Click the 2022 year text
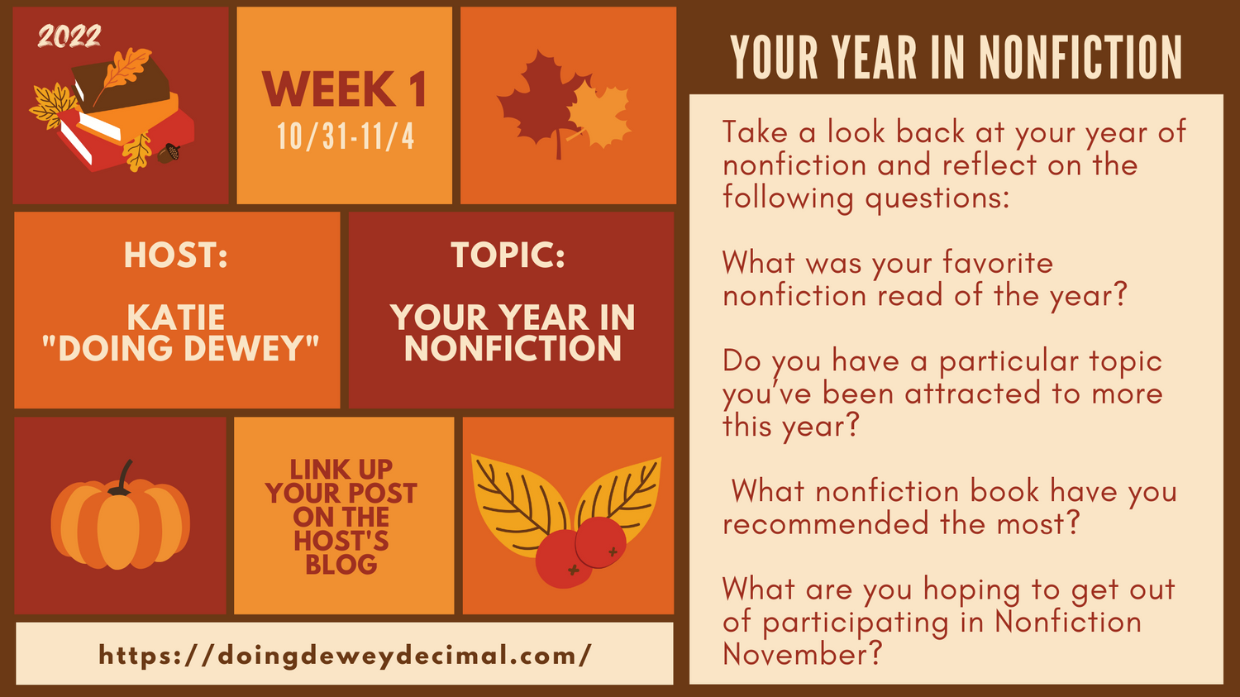tap(69, 36)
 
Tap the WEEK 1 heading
tap(345, 89)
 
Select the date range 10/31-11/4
tap(346, 136)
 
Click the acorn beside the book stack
tap(169, 153)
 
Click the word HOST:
tap(176, 255)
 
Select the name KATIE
tap(176, 317)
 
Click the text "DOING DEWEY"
tap(180, 348)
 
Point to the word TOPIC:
tap(508, 255)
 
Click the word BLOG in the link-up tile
tap(341, 565)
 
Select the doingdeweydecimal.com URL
tap(346, 656)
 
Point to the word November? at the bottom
tap(802, 654)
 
